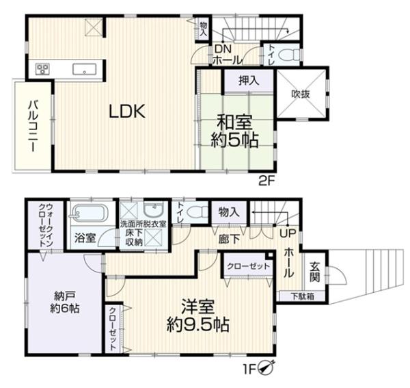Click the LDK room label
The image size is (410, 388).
(x=127, y=112)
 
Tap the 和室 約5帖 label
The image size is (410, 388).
(x=234, y=131)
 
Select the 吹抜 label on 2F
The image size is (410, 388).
(x=301, y=94)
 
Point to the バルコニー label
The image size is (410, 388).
(x=33, y=126)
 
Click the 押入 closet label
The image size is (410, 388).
(x=249, y=80)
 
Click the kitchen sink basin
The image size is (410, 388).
(x=84, y=69)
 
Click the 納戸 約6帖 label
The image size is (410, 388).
(x=65, y=302)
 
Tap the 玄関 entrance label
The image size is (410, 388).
(x=314, y=272)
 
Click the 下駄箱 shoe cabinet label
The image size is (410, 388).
(x=303, y=296)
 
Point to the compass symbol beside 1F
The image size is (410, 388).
(x=266, y=368)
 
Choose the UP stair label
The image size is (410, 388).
(x=288, y=233)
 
